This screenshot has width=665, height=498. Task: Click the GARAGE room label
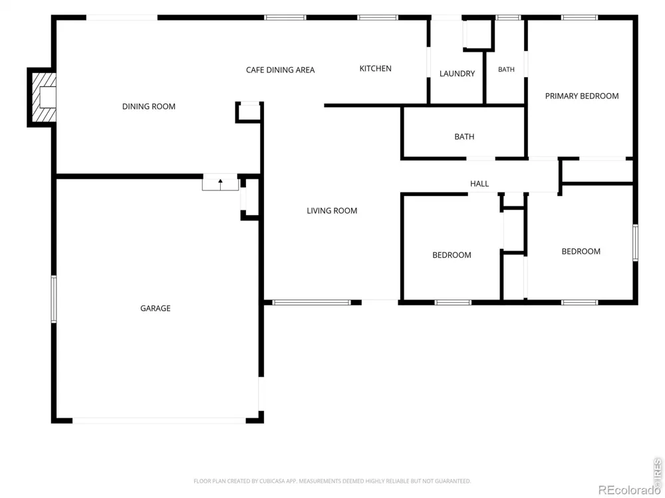coord(155,308)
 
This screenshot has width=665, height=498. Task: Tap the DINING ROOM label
coord(149,106)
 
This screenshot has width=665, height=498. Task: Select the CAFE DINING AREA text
coord(281,70)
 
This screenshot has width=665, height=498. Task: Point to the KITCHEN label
coord(375,68)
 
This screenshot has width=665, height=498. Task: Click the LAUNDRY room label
coord(458,74)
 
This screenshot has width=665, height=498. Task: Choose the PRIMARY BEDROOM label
coord(582,96)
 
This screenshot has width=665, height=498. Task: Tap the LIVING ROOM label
coord(332,211)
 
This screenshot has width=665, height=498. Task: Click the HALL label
coord(479,184)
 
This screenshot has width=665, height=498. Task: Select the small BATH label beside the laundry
coord(506,70)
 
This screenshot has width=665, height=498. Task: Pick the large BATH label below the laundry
coord(464,137)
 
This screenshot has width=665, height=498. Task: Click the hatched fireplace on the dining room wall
coord(43,98)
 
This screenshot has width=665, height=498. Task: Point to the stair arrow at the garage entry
coord(221,185)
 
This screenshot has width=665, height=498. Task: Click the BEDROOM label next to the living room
coord(452,255)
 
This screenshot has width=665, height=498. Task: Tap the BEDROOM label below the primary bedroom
coord(581,252)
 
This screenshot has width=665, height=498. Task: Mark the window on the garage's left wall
coord(54,299)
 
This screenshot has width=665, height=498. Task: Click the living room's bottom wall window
coord(312,302)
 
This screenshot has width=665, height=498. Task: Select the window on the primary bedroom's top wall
coord(579,18)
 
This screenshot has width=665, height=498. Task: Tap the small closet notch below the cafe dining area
coord(249,112)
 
